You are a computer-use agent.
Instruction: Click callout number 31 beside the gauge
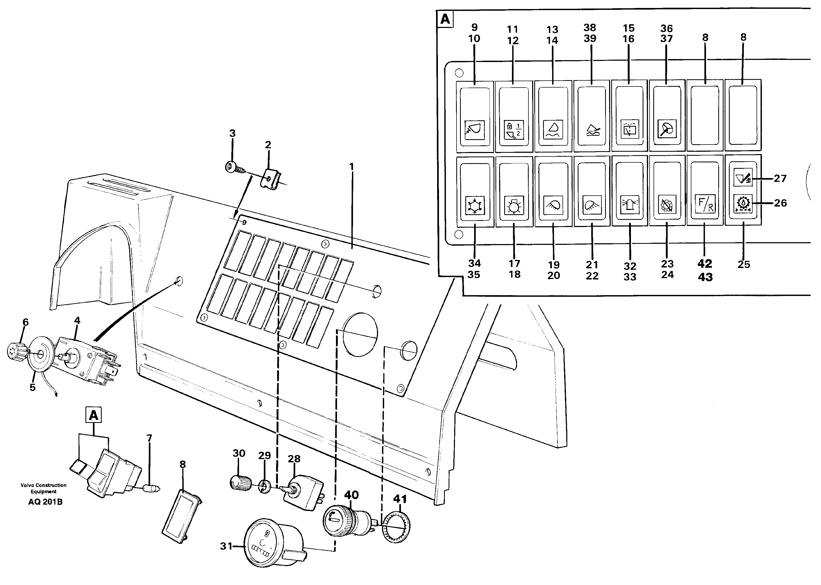pos(226,546)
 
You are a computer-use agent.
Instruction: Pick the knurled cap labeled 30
pos(241,482)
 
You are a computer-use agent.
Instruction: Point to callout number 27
pos(780,178)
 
